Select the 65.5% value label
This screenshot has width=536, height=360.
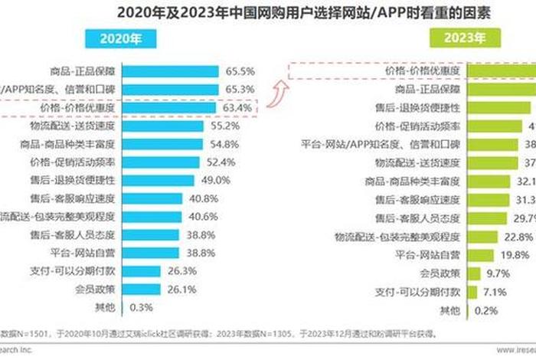[237, 71]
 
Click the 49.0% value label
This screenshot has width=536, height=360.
[215, 181]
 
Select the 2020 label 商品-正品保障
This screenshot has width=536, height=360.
[89, 71]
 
